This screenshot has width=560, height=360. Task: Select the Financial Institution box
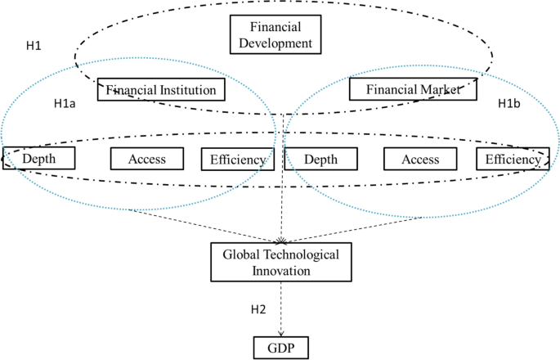pyautogui.click(x=160, y=88)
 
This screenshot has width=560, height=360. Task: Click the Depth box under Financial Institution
pyautogui.click(x=39, y=159)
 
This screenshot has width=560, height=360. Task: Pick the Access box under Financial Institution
pyautogui.click(x=147, y=159)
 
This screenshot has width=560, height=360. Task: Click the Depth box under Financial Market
pyautogui.click(x=320, y=159)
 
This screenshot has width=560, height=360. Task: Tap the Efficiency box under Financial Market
pyautogui.click(x=513, y=159)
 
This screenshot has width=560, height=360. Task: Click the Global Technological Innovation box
pyautogui.click(x=280, y=261)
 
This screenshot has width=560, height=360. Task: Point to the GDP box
pyautogui.click(x=280, y=348)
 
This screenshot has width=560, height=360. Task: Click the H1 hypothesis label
pyautogui.click(x=34, y=45)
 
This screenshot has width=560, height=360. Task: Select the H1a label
pyautogui.click(x=65, y=104)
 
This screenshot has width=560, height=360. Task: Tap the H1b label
pyautogui.click(x=509, y=104)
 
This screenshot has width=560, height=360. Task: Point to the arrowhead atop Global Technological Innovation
pyautogui.click(x=282, y=240)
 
